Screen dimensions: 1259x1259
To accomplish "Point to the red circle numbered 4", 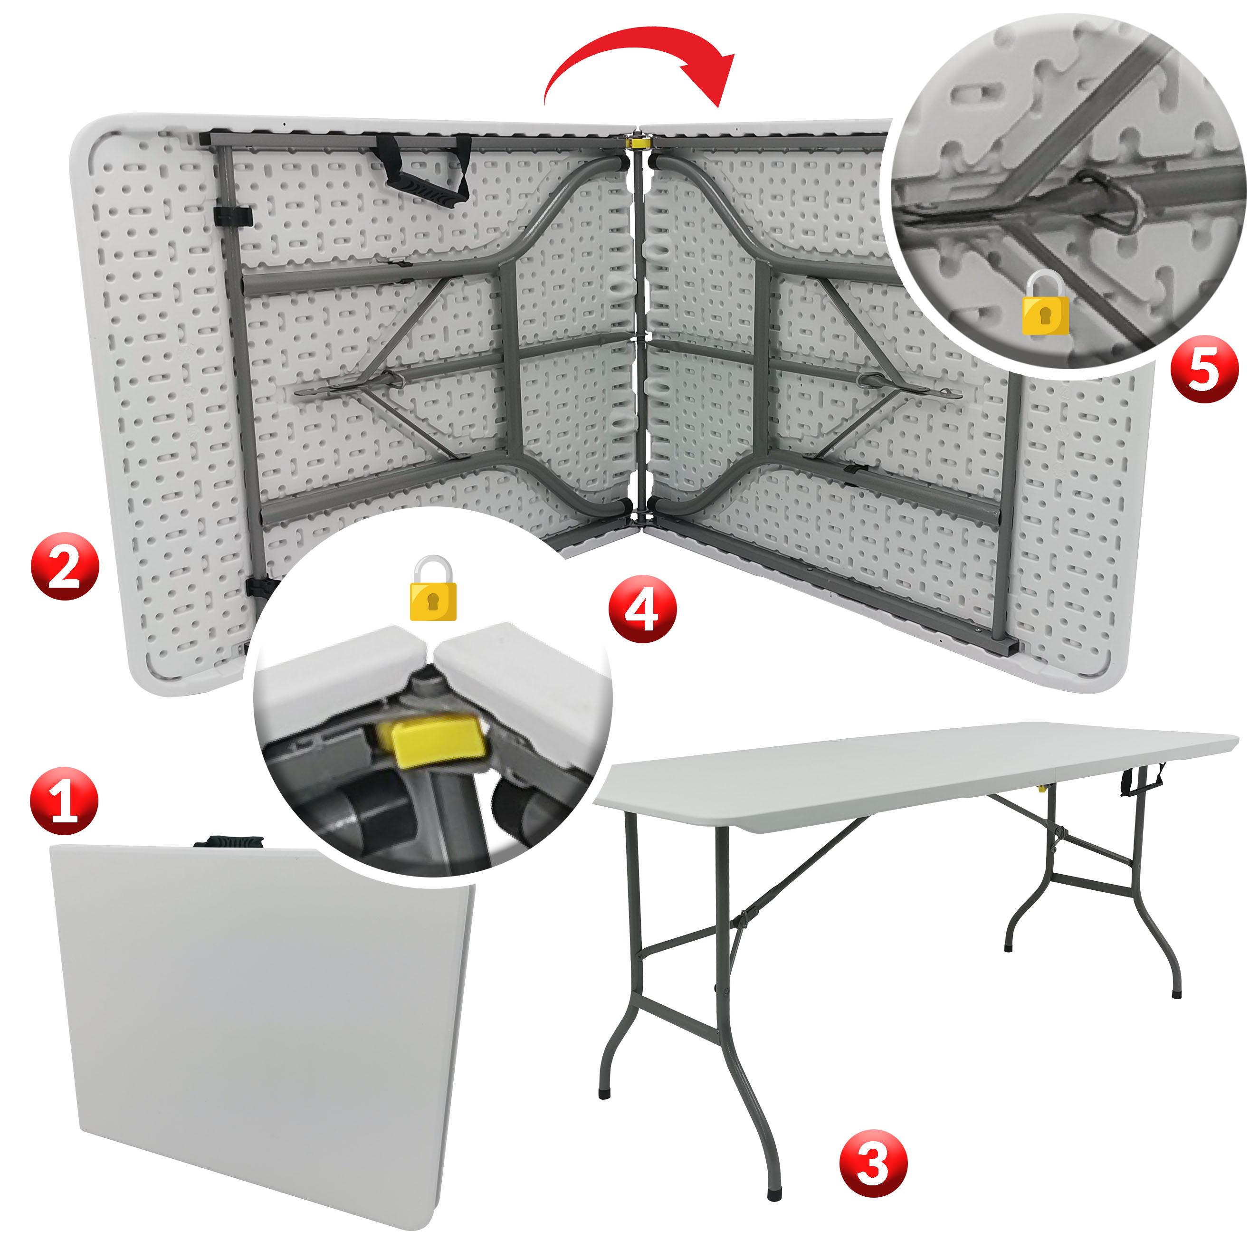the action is [642, 609].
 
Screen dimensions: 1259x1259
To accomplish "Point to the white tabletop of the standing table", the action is [912, 769].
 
